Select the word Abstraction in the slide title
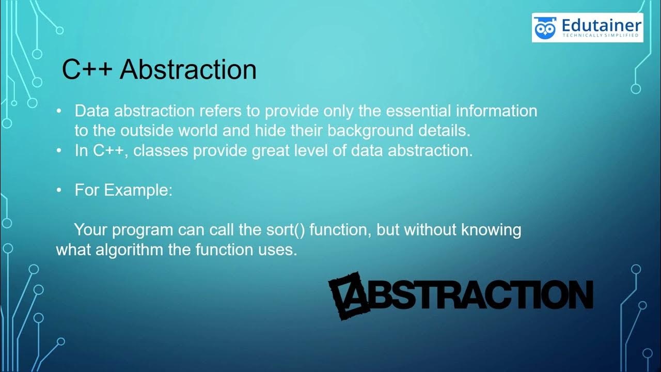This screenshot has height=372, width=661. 188,70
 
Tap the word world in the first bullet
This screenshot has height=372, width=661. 199,131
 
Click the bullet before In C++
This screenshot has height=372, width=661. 59,151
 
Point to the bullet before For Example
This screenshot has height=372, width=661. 59,190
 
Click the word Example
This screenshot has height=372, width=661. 139,190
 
